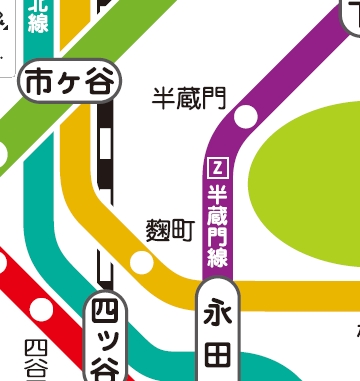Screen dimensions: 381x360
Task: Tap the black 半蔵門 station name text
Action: [x=189, y=98]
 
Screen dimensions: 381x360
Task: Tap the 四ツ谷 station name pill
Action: [x=104, y=340]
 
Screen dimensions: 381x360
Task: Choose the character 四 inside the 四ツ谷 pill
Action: [x=104, y=312]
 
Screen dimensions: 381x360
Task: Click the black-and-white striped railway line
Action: [x=104, y=150]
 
